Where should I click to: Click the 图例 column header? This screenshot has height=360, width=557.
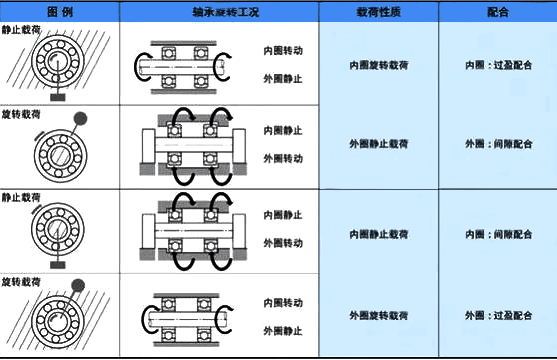[59, 11]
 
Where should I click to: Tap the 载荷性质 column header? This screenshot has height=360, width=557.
[378, 11]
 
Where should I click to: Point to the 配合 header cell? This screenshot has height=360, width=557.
[498, 11]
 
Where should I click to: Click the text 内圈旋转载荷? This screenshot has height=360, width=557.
[378, 64]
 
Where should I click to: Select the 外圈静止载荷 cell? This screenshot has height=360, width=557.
[378, 144]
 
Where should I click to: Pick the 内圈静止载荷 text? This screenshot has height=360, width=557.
[378, 233]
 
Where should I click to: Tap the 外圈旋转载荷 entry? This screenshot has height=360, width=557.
[378, 314]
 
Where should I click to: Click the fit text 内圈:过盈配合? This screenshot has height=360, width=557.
[498, 64]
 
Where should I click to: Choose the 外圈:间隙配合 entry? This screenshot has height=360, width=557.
[498, 144]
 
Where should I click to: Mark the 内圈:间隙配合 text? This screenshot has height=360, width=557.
[498, 233]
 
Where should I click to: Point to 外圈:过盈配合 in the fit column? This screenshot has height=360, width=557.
[498, 314]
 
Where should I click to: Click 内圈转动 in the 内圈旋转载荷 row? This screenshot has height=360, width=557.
[283, 48]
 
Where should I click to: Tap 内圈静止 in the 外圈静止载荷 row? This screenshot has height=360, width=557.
[283, 130]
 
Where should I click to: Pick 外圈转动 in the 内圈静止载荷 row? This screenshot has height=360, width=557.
[283, 243]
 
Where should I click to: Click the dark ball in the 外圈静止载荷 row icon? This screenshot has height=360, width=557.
[80, 118]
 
